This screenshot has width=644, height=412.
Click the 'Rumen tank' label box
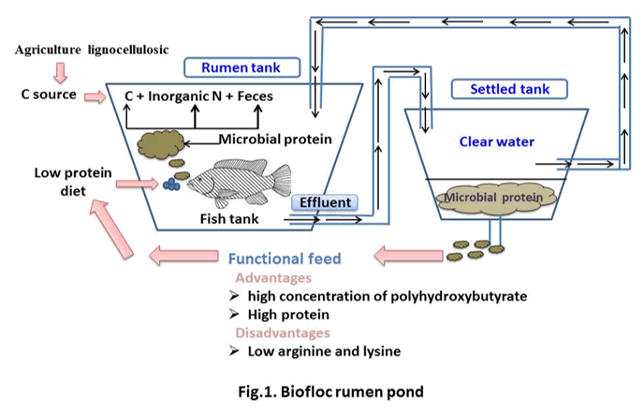[x=241, y=67]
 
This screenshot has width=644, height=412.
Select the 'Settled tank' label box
[x=509, y=90]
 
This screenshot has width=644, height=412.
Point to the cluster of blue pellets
[x=171, y=184]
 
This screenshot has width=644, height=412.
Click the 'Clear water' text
[x=496, y=142]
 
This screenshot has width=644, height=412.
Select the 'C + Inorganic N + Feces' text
[x=195, y=96]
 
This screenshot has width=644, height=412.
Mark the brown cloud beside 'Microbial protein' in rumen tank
[x=161, y=143]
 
